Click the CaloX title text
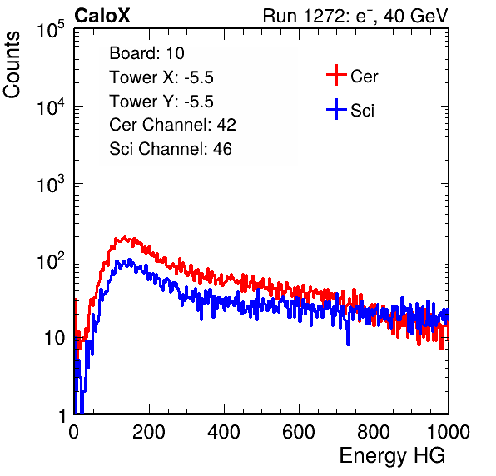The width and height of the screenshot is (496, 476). pos(102,16)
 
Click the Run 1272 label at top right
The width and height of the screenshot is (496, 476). pos(355,16)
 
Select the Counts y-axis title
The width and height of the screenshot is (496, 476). pos(12,65)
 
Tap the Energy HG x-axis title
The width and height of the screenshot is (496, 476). pos(392,456)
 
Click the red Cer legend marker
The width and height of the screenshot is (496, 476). pos(336,75)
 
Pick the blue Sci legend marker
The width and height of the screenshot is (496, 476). pos(336,109)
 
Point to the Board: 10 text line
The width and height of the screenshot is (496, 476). pos(146,53)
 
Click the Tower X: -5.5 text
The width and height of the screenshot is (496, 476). pos(161,77)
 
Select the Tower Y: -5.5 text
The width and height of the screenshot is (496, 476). pos(161,102)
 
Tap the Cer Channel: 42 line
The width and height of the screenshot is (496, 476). pos(173,125)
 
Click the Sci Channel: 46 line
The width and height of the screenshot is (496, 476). pos(171,149)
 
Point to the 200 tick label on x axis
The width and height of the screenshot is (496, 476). pos(149,432)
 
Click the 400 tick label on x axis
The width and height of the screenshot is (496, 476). pos(224,432)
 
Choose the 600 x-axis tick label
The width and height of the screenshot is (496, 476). pos(299,432)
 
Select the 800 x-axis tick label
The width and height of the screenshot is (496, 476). pos(374,432)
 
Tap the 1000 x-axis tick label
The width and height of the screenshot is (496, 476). pos(449,432)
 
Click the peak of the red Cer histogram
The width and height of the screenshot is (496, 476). pos(125,236)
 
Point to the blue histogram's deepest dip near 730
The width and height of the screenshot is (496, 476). pos(348,344)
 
